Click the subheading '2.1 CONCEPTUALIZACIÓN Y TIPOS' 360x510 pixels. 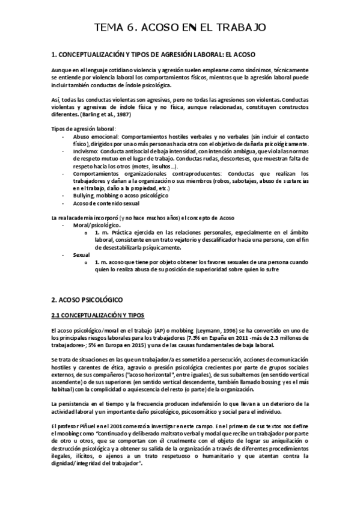coord(98,315)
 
